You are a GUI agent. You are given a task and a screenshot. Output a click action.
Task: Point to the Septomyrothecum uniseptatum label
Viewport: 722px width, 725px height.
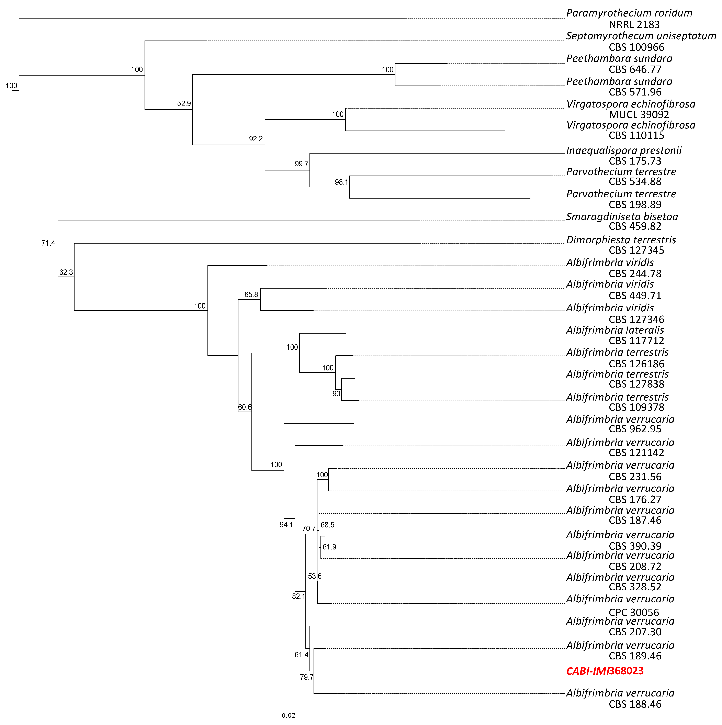[641, 36]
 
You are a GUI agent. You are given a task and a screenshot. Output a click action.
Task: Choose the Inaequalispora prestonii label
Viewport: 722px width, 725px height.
[624, 150]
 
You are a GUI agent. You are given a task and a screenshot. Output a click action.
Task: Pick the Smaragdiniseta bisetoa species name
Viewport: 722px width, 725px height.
[622, 217]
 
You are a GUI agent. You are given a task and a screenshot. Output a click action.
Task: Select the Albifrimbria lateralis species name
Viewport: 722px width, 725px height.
[615, 330]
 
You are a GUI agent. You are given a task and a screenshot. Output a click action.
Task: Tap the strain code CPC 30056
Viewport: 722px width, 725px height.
[634, 613]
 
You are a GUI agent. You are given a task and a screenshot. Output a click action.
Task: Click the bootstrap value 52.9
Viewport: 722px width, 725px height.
[184, 104]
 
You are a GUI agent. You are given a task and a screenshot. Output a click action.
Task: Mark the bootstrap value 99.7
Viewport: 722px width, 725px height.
[301, 164]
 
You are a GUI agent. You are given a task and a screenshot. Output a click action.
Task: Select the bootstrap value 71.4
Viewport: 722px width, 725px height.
[48, 243]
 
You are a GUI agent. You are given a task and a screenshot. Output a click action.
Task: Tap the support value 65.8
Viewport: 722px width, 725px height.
[251, 294]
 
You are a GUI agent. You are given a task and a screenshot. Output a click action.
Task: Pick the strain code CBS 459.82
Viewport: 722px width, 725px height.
[635, 226]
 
